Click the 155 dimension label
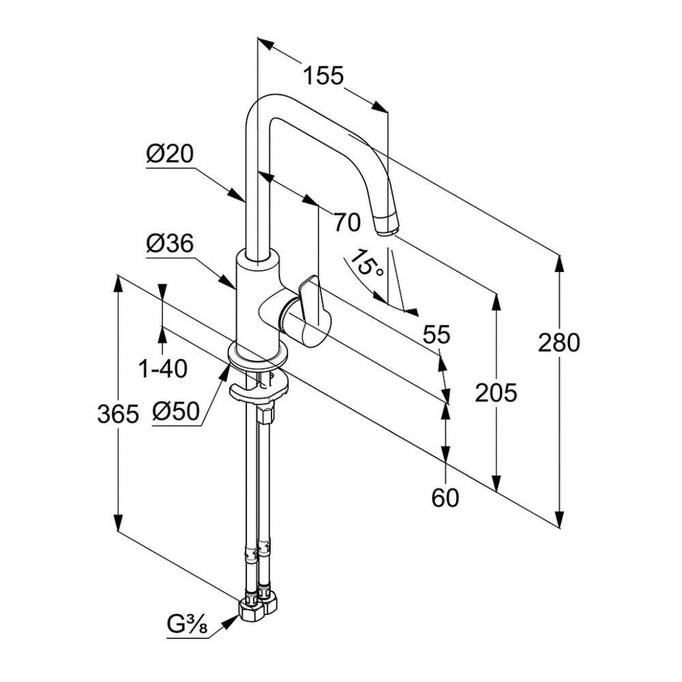[323, 75]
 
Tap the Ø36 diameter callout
[170, 243]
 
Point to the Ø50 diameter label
[175, 412]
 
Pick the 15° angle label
[368, 263]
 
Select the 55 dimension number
[436, 334]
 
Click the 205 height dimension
[496, 392]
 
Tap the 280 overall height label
[559, 342]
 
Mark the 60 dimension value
[445, 498]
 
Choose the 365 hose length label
[118, 413]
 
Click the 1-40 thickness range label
[162, 369]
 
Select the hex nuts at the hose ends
[259, 606]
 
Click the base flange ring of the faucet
[257, 360]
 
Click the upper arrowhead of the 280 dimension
[560, 262]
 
